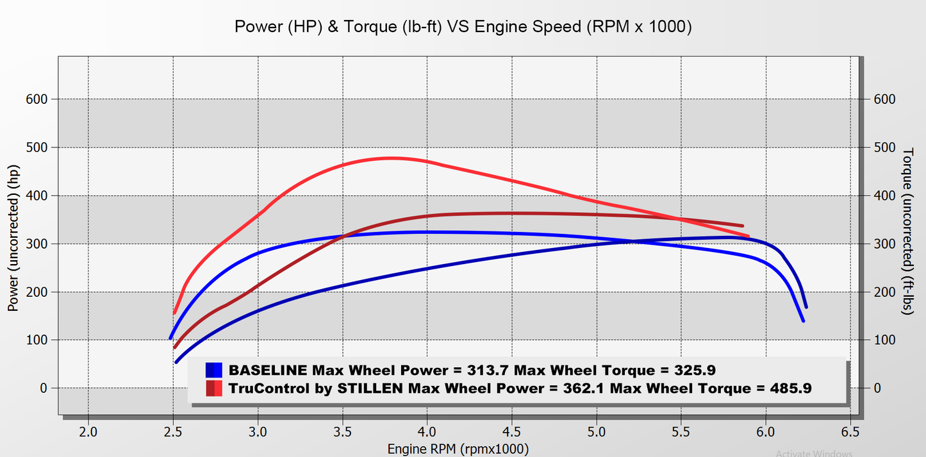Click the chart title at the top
tap(463, 27)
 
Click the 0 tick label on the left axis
tap(44, 388)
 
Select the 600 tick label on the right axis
tap(884, 99)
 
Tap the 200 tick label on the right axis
tap(884, 292)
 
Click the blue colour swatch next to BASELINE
tap(214, 370)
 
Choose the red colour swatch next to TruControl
tap(214, 388)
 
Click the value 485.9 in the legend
tap(784, 388)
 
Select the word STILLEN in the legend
tap(374, 388)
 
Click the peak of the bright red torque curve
tap(391, 158)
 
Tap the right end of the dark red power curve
tap(742, 226)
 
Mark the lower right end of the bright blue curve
tap(803, 320)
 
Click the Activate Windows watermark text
tap(814, 453)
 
